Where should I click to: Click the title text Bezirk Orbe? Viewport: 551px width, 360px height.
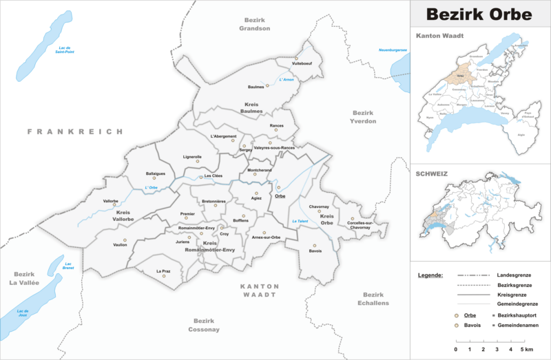click(480, 14)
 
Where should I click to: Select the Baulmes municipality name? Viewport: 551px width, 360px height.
click(257, 87)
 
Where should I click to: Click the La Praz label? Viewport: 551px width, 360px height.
click(163, 271)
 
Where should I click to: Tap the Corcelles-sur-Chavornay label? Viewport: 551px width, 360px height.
click(360, 226)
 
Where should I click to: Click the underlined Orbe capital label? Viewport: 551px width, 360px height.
click(280, 196)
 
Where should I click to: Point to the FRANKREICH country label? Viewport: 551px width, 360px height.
click(75, 131)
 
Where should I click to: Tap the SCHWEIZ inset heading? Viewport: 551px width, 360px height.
click(432, 174)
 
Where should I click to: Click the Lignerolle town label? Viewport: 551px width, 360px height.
click(192, 157)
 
